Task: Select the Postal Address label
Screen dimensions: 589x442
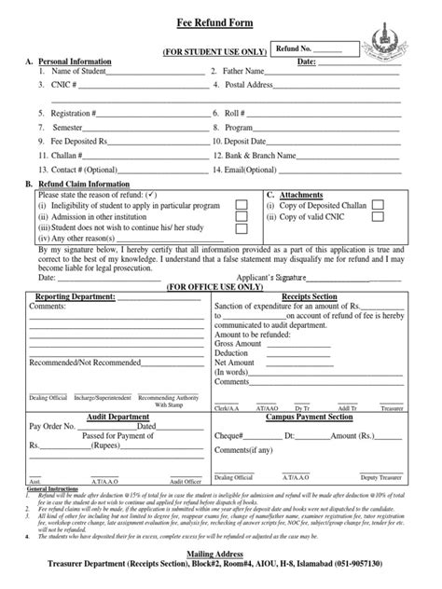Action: tap(256, 84)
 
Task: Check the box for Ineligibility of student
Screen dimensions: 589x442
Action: tap(241, 202)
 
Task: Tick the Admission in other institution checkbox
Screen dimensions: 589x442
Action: tap(241, 215)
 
